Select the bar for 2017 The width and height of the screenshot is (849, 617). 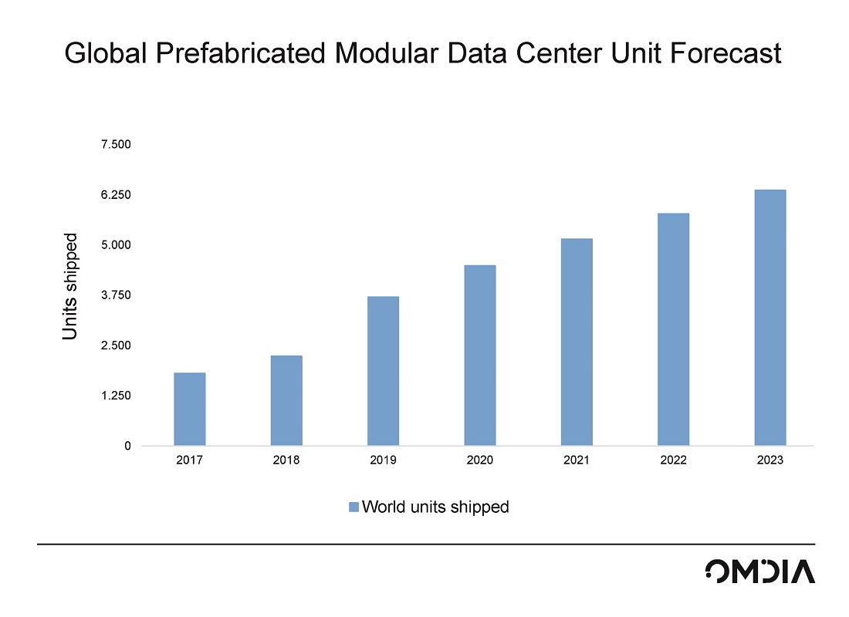click(x=189, y=409)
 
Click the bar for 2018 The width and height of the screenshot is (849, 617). click(x=286, y=400)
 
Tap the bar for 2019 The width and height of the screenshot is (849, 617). click(x=383, y=371)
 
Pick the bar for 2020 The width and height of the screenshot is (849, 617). click(x=479, y=355)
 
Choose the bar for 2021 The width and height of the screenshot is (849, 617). click(x=577, y=342)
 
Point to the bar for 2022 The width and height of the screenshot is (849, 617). click(x=673, y=329)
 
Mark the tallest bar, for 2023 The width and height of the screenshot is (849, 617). click(x=770, y=318)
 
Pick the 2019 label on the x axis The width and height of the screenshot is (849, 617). click(x=383, y=460)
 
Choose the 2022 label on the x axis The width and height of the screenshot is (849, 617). click(x=673, y=460)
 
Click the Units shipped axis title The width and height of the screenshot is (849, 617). click(x=70, y=286)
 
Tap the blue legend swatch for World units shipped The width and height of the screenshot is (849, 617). click(x=353, y=507)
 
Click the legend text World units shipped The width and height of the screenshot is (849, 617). click(x=435, y=507)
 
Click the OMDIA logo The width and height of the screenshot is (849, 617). click(x=759, y=571)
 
